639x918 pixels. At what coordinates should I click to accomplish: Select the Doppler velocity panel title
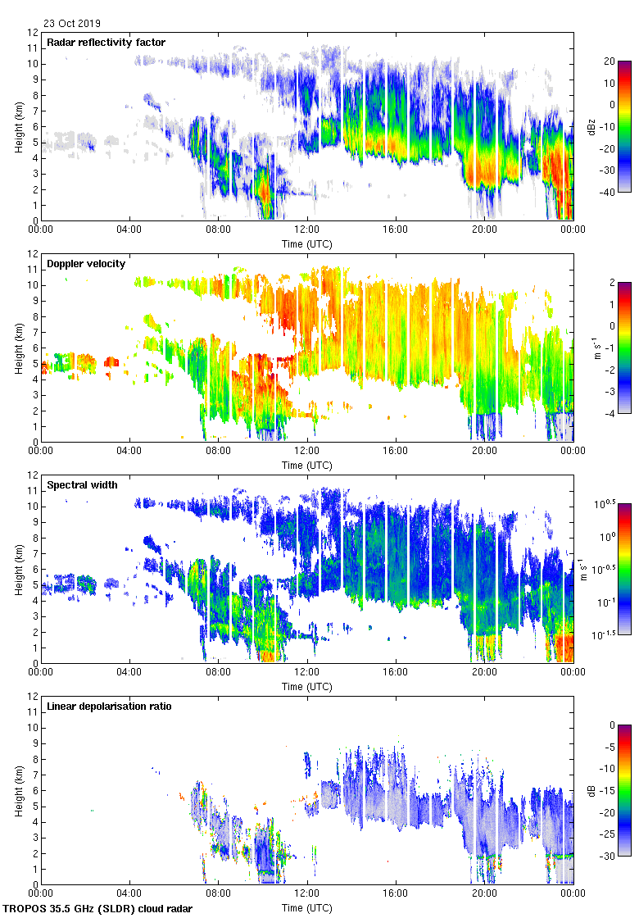tap(85, 264)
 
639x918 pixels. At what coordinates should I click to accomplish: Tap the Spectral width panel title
tap(82, 485)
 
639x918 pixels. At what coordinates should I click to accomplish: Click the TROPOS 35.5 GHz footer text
tap(99, 909)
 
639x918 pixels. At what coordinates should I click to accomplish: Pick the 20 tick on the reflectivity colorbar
tap(610, 61)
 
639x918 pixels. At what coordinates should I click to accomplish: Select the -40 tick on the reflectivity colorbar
tap(610, 192)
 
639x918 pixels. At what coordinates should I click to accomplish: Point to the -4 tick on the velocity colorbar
tap(610, 413)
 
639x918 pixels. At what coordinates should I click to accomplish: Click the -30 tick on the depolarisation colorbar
tap(610, 856)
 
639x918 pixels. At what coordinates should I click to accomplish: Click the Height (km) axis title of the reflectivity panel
tap(18, 126)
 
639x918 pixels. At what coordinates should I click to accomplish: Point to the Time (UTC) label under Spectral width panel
tap(306, 686)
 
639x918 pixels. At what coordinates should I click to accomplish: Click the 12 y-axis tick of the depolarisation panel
tap(33, 696)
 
